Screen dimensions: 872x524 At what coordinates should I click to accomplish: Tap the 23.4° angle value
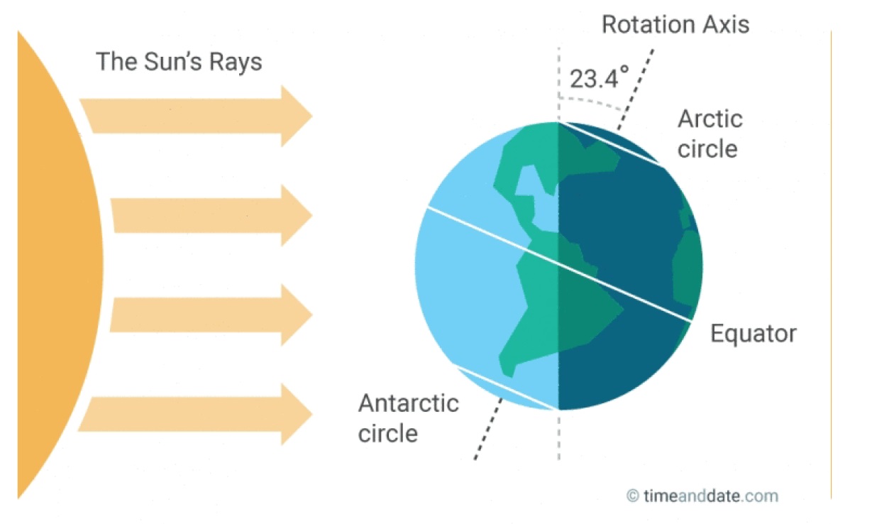pyautogui.click(x=599, y=77)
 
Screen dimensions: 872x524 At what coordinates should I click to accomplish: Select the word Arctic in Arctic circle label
pyautogui.click(x=710, y=119)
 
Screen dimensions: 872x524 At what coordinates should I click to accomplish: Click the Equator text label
pyautogui.click(x=754, y=334)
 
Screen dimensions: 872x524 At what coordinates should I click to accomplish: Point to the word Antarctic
pyautogui.click(x=409, y=403)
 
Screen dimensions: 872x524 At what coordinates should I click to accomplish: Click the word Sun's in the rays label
pyautogui.click(x=174, y=62)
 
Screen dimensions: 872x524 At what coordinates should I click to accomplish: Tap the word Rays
pyautogui.click(x=236, y=62)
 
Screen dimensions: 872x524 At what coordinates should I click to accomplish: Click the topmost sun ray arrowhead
pyautogui.click(x=297, y=116)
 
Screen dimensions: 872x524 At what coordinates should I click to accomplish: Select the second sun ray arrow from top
pyautogui.click(x=212, y=215)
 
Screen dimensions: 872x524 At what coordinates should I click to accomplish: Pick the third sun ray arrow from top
pyautogui.click(x=212, y=315)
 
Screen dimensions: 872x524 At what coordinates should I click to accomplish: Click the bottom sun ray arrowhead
pyautogui.click(x=297, y=414)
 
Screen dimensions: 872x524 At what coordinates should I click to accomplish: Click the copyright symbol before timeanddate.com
pyautogui.click(x=633, y=496)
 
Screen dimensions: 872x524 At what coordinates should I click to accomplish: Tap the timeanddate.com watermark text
pyautogui.click(x=711, y=496)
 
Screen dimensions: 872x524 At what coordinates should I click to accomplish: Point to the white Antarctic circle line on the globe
pyautogui.click(x=506, y=388)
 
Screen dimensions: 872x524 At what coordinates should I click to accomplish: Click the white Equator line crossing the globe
pyautogui.click(x=559, y=265)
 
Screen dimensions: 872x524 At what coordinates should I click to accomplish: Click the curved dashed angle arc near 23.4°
pyautogui.click(x=591, y=102)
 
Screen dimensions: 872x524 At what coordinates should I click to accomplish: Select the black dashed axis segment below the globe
pyautogui.click(x=488, y=429)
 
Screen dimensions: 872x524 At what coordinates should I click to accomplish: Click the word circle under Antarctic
pyautogui.click(x=387, y=433)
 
